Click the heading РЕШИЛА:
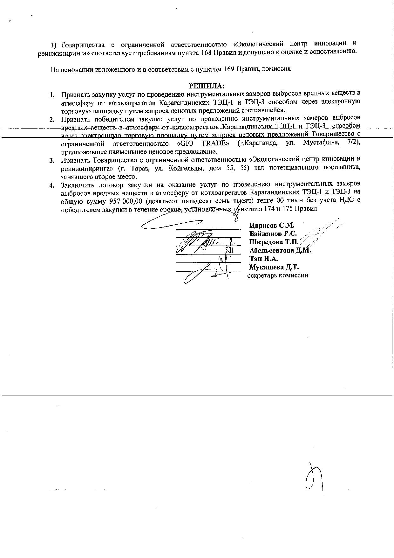207,86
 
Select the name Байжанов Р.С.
273,234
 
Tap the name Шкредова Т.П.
274,242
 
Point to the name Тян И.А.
263,259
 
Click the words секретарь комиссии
278,275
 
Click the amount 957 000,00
125,201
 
